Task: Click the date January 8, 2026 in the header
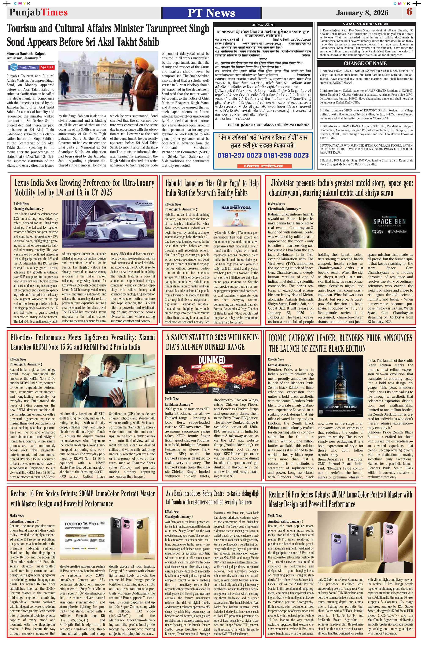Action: click(362, 13)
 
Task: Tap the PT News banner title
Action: click(211, 13)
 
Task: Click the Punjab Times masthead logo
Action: click(38, 12)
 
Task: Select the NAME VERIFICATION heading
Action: click(365, 24)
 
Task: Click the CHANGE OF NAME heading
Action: click(365, 63)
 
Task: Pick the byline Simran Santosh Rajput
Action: click(26, 54)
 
